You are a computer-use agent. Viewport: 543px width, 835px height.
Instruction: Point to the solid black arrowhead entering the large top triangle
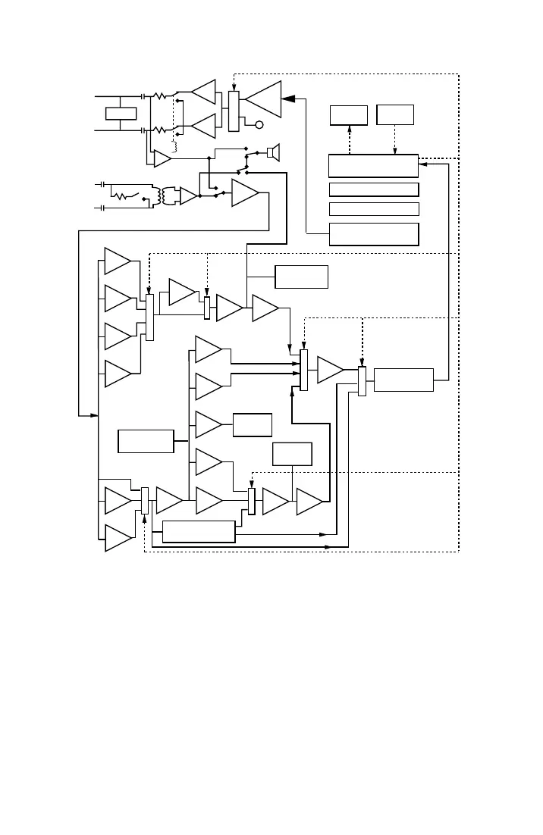point(287,99)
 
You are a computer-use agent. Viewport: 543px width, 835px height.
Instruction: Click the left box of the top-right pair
point(349,115)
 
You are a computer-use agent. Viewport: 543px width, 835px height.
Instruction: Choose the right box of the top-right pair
point(395,114)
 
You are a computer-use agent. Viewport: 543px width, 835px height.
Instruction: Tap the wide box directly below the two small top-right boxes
point(373,166)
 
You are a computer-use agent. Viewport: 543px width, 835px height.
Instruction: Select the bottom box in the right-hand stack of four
point(374,234)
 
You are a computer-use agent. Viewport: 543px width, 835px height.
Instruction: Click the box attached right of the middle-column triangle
point(253,425)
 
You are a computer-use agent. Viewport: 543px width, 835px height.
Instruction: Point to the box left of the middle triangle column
point(146,441)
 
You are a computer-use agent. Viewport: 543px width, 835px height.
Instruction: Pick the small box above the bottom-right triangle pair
point(292,454)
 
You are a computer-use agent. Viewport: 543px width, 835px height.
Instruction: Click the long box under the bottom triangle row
point(199,532)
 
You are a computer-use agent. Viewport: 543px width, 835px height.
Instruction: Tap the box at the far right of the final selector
point(403,380)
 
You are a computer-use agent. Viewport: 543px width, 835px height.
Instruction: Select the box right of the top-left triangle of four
point(302,277)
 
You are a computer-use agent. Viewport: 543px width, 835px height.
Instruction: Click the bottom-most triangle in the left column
point(117,538)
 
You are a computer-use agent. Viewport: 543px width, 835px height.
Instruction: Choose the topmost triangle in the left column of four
point(117,261)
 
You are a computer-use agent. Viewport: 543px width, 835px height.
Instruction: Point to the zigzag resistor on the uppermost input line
point(160,96)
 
